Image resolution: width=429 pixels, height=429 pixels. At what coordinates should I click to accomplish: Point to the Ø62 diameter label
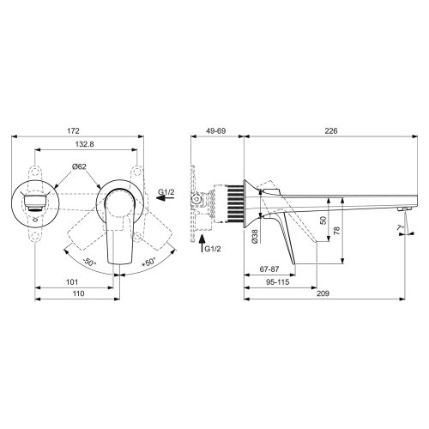click(77, 166)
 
